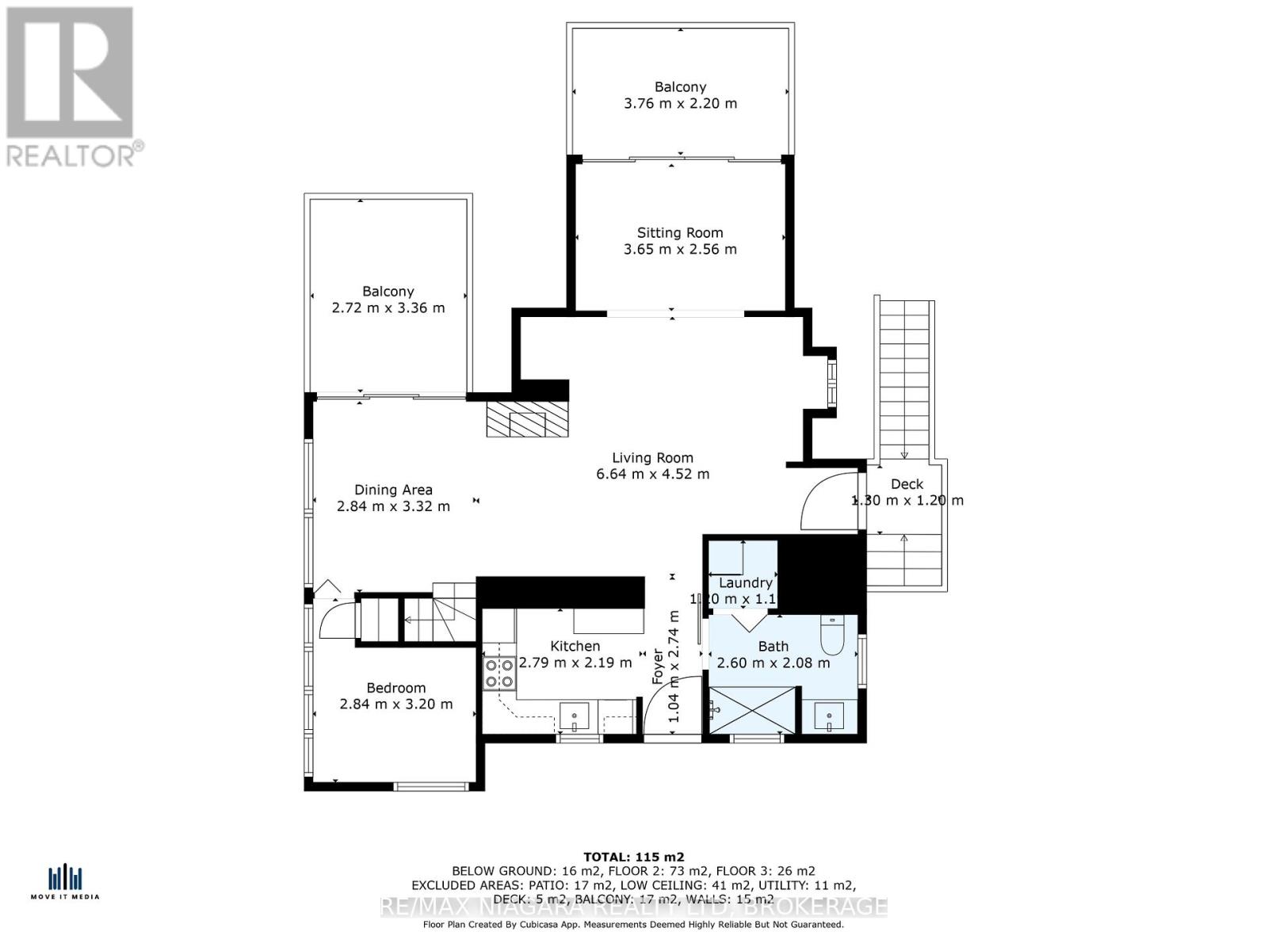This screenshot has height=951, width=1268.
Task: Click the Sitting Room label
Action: point(680,233)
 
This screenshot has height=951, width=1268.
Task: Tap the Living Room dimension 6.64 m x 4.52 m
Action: point(652,475)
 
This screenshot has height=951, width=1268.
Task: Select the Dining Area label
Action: point(393,490)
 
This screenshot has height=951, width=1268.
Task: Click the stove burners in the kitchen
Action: point(499,673)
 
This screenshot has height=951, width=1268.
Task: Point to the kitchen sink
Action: point(574,718)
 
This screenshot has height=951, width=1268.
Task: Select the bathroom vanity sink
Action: point(829,718)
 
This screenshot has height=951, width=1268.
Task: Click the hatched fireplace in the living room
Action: point(527,419)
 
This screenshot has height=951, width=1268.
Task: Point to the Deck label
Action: point(907,484)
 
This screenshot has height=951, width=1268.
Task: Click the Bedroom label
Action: point(395,688)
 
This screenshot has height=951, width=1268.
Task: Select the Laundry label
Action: point(745,583)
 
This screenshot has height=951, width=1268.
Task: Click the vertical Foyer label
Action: point(658,666)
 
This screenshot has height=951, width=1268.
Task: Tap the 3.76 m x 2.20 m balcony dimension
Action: point(680,104)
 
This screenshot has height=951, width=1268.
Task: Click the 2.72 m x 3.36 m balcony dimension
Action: point(388,307)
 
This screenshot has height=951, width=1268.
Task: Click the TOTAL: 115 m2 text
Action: point(633,857)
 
